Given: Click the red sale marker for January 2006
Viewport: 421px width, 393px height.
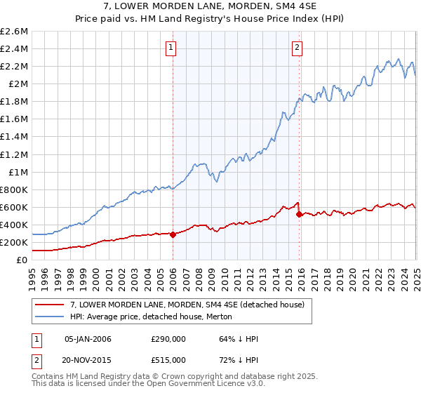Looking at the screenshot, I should (x=173, y=234).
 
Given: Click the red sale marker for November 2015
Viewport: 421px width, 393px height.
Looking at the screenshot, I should (x=300, y=214).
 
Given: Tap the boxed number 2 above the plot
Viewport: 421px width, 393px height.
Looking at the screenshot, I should (x=298, y=48).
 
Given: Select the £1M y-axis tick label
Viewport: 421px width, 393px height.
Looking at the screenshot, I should (x=18, y=172).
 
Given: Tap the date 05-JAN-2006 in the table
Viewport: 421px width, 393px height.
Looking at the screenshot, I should (x=88, y=339).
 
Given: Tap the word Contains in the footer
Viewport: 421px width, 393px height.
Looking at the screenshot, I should (x=50, y=377).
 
